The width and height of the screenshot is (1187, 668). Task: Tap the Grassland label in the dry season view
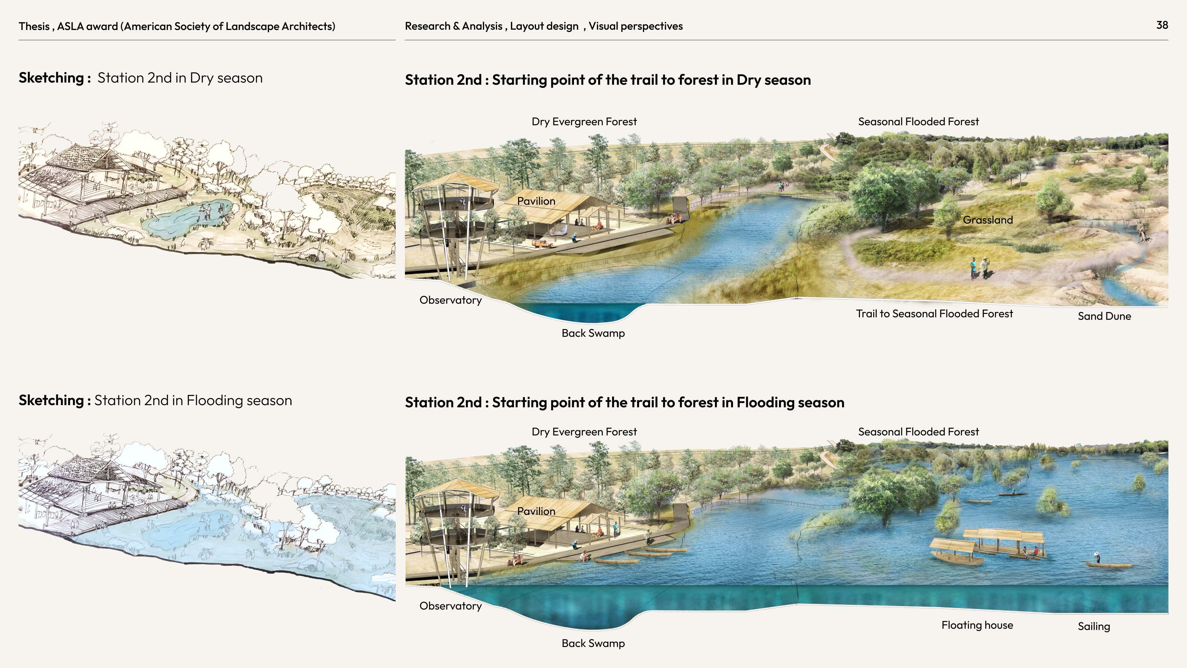pos(988,220)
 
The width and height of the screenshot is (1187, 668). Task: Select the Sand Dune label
pos(1104,316)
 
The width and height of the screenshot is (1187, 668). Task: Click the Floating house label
pos(977,625)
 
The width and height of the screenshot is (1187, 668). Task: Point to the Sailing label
pos(1093,626)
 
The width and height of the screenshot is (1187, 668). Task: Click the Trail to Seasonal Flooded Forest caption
pos(934,314)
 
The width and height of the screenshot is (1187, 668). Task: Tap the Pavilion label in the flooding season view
pos(536,511)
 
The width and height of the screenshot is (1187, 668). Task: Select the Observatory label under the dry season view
pos(450,300)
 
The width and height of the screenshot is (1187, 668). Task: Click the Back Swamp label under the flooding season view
pos(593,643)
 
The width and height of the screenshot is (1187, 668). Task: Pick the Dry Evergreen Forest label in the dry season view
pos(584,122)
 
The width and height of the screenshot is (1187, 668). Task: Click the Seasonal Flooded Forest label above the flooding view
pos(918,432)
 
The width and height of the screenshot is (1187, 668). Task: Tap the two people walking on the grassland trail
pos(980,268)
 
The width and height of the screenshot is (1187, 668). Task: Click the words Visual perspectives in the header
pos(636,26)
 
